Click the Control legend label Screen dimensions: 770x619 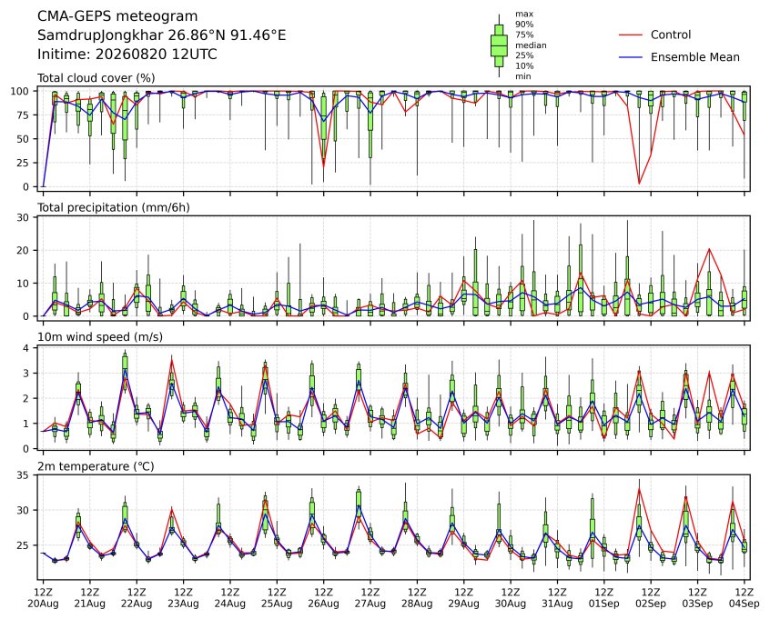(x=670, y=35)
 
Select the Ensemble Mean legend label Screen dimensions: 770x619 (x=694, y=57)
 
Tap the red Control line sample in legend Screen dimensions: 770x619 (x=631, y=35)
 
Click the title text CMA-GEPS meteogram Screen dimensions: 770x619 (x=117, y=16)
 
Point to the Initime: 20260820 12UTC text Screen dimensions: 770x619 (x=127, y=54)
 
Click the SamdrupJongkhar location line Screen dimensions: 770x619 (x=162, y=35)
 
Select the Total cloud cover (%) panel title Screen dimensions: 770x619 (x=96, y=78)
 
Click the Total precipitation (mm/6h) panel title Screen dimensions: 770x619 (x=114, y=207)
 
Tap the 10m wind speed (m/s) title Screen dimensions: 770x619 (x=100, y=337)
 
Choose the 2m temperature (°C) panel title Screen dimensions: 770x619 (x=96, y=466)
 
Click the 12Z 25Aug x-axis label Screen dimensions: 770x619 (x=277, y=598)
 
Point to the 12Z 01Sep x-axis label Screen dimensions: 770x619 (x=604, y=598)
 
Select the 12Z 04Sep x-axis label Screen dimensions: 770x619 (x=745, y=598)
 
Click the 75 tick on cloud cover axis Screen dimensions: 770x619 (x=23, y=115)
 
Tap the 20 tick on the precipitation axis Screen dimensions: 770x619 (x=23, y=250)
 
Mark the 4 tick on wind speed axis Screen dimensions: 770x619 (x=26, y=348)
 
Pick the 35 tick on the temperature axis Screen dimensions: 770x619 (x=23, y=475)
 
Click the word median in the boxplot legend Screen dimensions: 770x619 (x=531, y=45)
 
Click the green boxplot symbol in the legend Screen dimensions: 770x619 (x=499, y=45)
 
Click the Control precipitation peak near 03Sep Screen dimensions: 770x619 (x=709, y=249)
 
